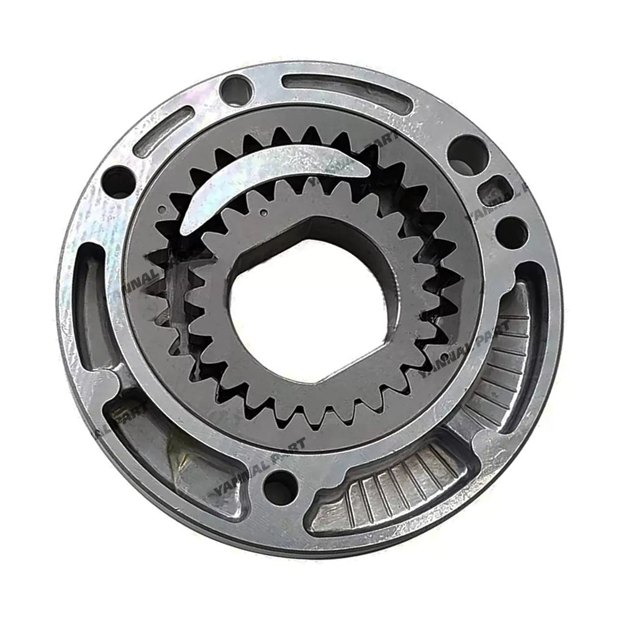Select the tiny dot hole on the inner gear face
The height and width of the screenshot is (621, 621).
(265, 213)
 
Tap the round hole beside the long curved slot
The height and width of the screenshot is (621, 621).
(235, 90)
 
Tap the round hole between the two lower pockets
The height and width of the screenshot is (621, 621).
(280, 487)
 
